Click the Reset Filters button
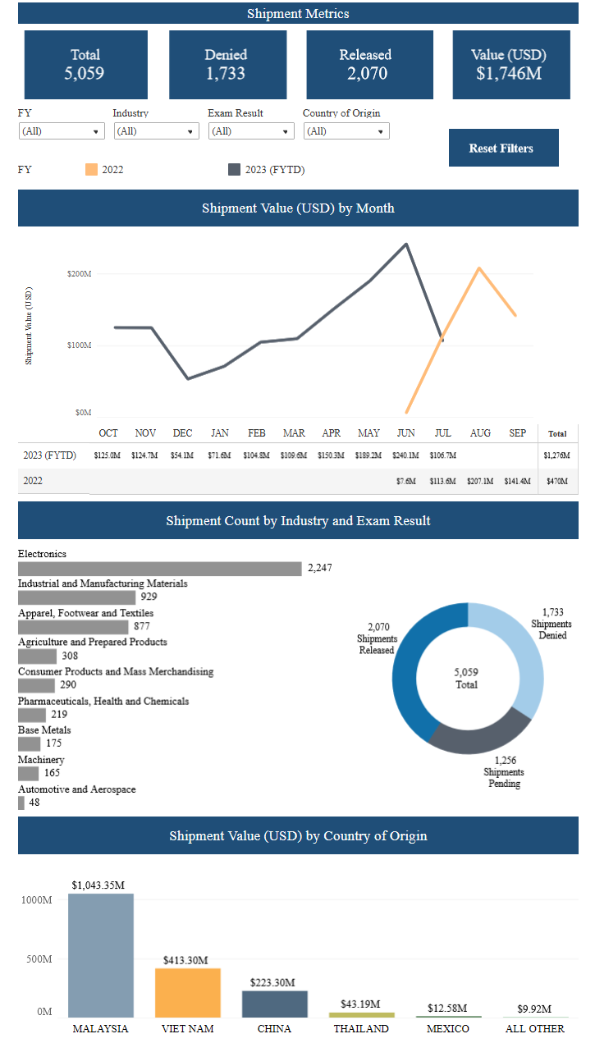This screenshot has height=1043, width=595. pyautogui.click(x=503, y=148)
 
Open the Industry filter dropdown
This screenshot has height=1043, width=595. pyautogui.click(x=156, y=131)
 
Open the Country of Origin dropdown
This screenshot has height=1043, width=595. pyautogui.click(x=346, y=131)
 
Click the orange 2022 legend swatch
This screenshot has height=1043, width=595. pyautogui.click(x=91, y=170)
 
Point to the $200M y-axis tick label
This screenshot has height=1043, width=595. pyautogui.click(x=80, y=273)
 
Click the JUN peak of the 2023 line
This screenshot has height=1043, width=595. pyautogui.click(x=405, y=244)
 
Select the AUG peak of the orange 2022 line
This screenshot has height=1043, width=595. pyautogui.click(x=479, y=268)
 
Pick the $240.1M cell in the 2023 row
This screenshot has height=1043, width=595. pyautogui.click(x=405, y=455)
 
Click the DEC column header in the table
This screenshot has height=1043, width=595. pyautogui.click(x=182, y=433)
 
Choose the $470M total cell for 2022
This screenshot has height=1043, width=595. pyautogui.click(x=557, y=481)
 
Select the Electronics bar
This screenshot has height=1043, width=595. pyautogui.click(x=160, y=569)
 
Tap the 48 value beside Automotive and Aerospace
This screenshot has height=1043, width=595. pyautogui.click(x=34, y=803)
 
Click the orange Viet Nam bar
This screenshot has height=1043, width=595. pyautogui.click(x=187, y=993)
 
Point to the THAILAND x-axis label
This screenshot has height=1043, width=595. pyautogui.click(x=361, y=1029)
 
